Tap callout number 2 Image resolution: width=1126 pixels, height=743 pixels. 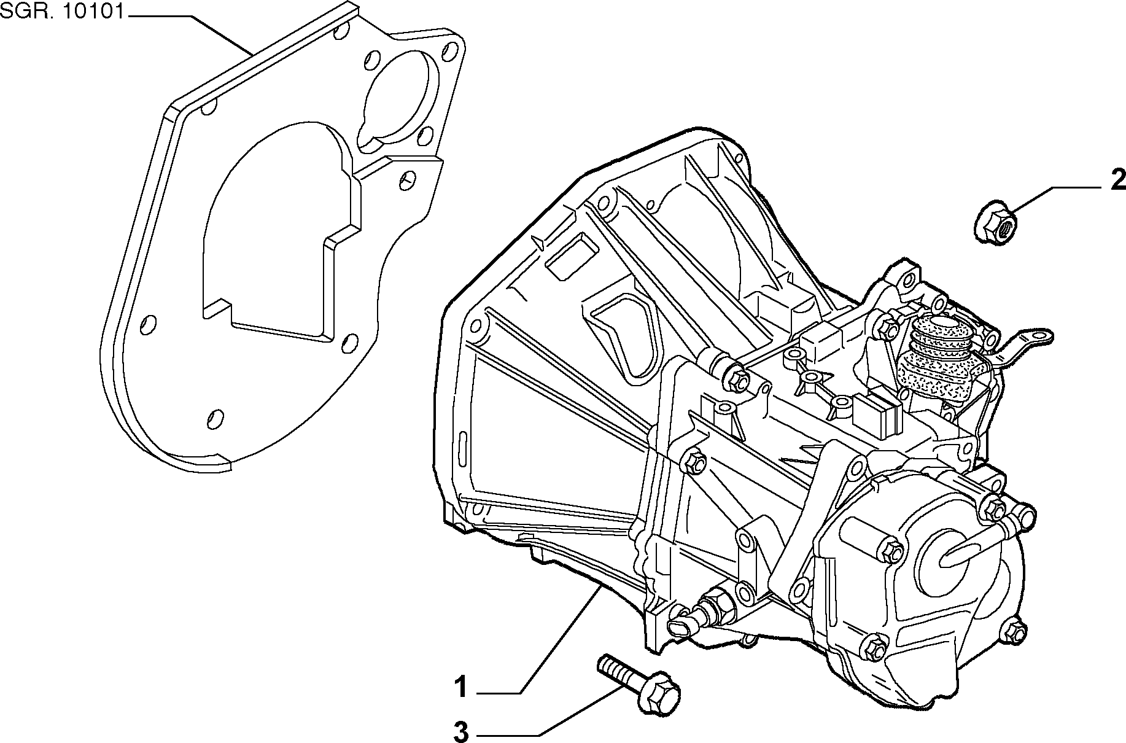(x=1117, y=181)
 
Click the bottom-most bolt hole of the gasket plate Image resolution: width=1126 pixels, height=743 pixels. (x=215, y=418)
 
